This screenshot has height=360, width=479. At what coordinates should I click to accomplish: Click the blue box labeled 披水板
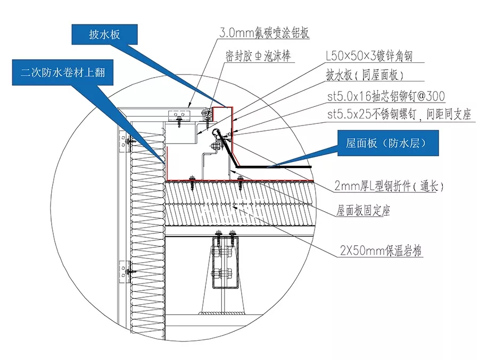point(104,36)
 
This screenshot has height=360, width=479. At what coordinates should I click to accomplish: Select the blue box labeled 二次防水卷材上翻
point(62,73)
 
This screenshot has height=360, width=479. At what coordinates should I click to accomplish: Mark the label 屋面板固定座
point(363,212)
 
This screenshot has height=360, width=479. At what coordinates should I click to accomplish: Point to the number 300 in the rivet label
point(434,96)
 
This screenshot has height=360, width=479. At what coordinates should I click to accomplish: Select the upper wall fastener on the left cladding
point(128,142)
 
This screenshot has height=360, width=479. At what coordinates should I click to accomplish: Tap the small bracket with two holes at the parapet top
point(178,114)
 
